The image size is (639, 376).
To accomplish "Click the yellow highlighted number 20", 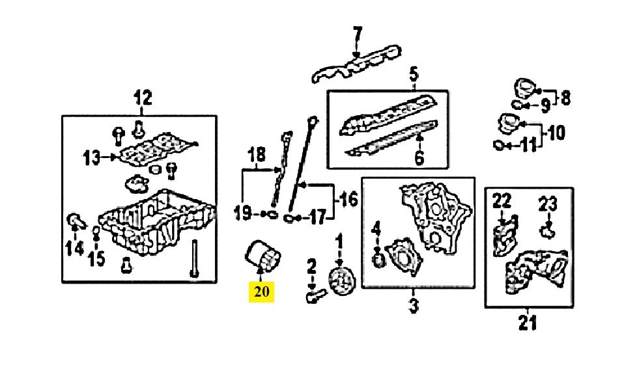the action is (262, 292).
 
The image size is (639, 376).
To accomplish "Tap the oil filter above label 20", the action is (263, 256).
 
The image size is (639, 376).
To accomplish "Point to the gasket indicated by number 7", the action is (356, 64).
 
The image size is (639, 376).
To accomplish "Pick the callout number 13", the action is (91, 158).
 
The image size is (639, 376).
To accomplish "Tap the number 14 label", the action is (74, 248).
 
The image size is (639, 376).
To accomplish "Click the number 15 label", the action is (97, 258).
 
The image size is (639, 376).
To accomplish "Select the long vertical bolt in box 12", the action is (194, 259).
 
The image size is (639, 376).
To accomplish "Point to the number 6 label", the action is (419, 157).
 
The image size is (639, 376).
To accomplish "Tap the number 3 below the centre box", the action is (414, 305).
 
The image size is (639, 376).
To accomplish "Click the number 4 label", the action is (376, 229).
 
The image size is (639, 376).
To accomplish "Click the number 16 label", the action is (349, 200).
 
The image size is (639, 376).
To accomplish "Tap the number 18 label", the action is (257, 155).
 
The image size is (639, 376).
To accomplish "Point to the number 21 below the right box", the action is (528, 323).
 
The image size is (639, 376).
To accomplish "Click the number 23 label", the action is (547, 205).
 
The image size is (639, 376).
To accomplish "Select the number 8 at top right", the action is (565, 98).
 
